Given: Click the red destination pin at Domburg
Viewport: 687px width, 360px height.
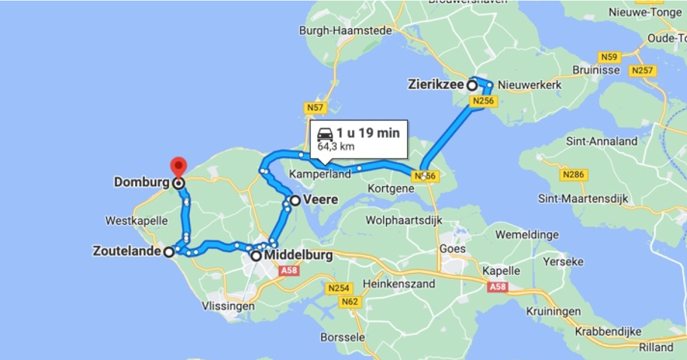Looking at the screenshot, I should coord(179,166).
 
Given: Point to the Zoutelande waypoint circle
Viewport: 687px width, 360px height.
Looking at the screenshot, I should coord(169,252).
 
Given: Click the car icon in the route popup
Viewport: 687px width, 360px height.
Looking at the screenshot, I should coord(325,134).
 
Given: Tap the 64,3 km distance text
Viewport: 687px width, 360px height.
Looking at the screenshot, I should coord(336,147).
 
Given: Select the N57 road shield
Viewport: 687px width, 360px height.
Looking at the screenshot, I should coord(315,107).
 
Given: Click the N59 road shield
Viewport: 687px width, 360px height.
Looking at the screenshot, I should coord(609,57).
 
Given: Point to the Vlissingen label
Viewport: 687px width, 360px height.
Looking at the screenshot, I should coord(228,306).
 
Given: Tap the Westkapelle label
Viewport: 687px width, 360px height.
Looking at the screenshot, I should coord(136,220).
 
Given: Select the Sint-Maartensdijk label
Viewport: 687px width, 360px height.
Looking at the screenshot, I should coord(583,199).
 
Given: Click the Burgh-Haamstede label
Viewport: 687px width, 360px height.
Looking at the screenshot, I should coord(345,30).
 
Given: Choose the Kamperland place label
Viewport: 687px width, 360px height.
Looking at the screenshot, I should coord(320,174).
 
